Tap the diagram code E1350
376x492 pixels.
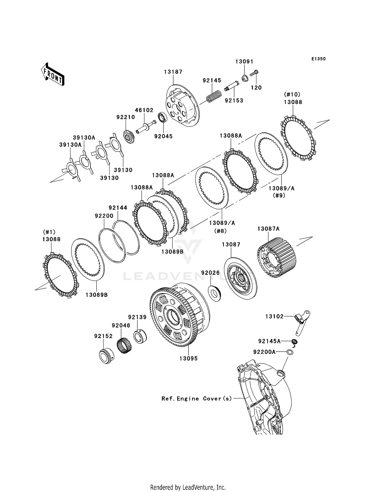point(318,59)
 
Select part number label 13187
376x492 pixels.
point(173,72)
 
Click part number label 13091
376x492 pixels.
point(244,62)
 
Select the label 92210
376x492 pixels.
point(126,117)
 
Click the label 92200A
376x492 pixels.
point(264,352)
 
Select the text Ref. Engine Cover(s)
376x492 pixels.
point(197,398)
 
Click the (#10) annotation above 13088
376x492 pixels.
point(292,95)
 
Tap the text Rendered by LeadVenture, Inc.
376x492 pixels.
point(188,487)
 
